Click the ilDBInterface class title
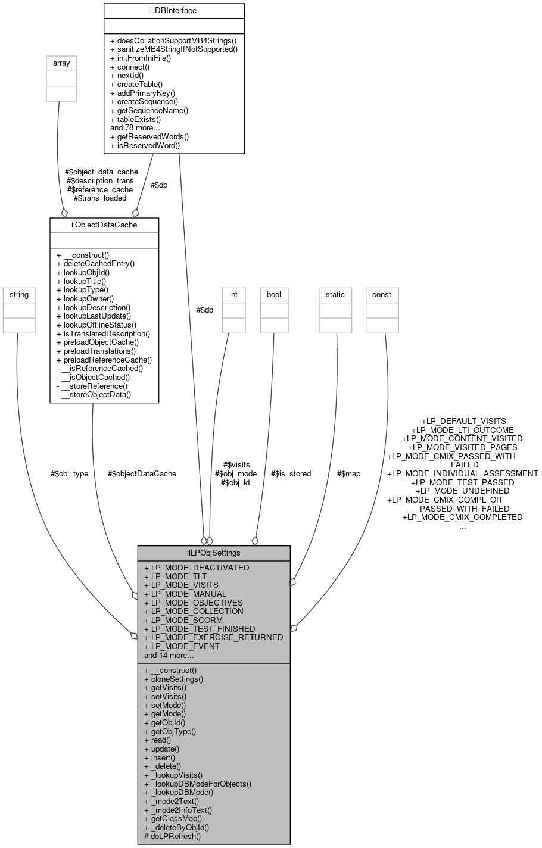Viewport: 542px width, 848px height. pos(174,10)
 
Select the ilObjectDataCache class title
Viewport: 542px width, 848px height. pos(104,225)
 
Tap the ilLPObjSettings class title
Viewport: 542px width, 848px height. pos(214,553)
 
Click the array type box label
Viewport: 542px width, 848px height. pos(61,63)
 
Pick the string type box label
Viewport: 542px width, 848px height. pos(18,294)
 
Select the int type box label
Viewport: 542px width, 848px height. pos(233,294)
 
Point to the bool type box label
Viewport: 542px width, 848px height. pos(274,294)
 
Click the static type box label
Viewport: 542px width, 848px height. pos(335,294)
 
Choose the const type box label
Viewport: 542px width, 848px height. pos(382,294)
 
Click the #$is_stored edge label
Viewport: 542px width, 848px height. pos(291,473)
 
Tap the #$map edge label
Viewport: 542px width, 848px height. pos(348,473)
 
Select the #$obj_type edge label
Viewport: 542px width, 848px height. pos(69,473)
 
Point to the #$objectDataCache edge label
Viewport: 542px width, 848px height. pos(142,473)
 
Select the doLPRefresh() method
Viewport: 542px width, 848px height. pos(173,835)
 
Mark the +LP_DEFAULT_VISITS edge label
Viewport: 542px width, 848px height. pos(463,421)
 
